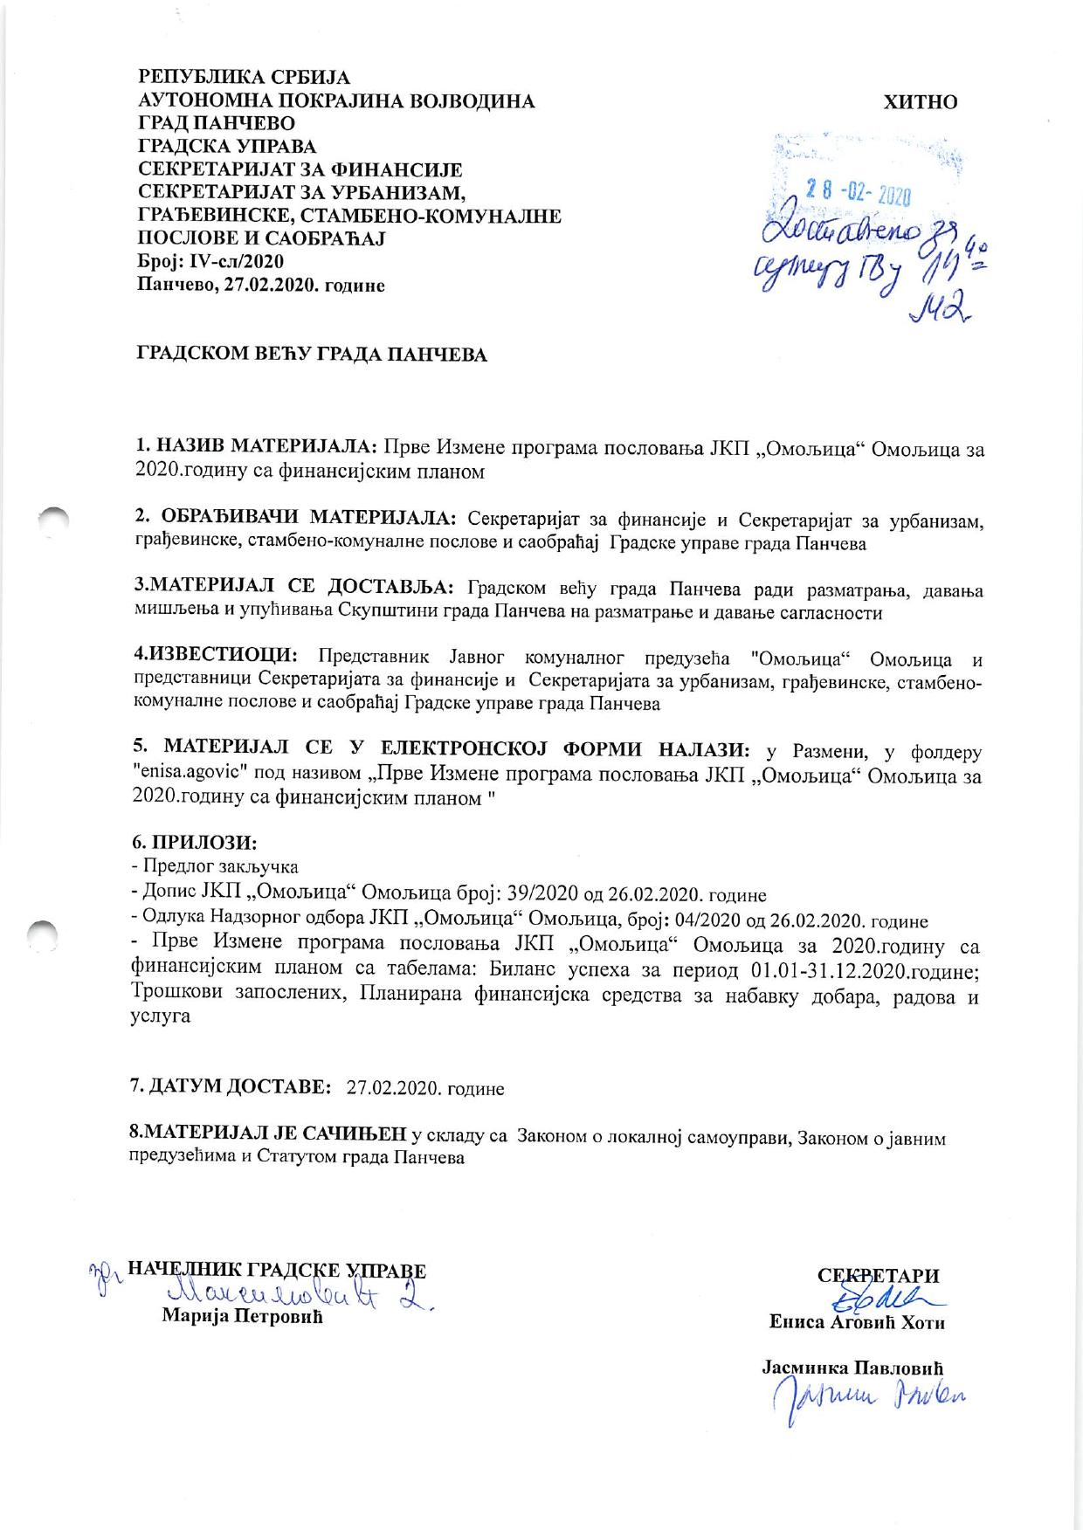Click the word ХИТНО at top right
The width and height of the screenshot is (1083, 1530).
(x=921, y=102)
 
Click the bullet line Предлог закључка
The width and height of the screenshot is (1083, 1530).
(x=218, y=866)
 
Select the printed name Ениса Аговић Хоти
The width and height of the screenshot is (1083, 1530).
(x=857, y=1323)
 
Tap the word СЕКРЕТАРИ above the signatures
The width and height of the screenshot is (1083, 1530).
(x=878, y=1276)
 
